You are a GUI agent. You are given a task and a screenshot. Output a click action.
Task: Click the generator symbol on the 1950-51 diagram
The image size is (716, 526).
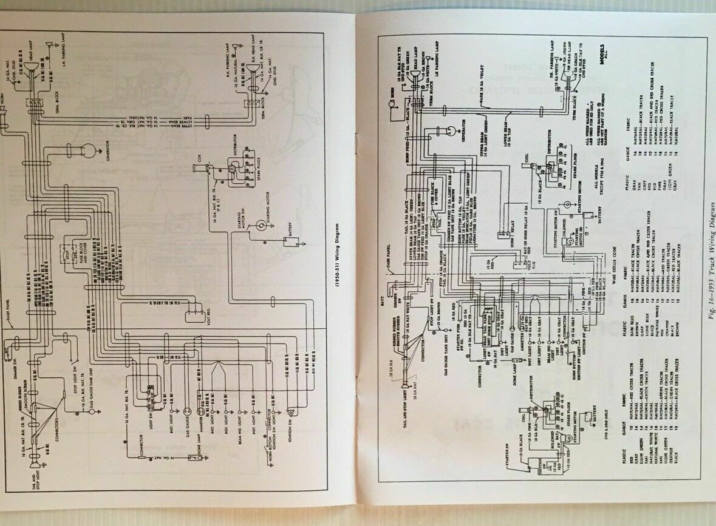[x=89, y=150]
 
